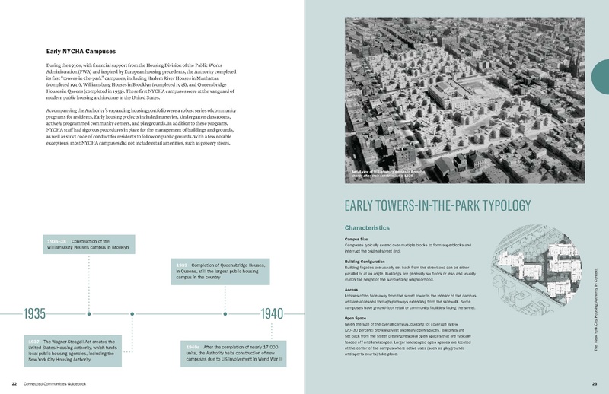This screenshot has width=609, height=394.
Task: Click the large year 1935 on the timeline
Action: pos(36,313)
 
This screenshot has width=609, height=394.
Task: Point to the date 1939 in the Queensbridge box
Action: pos(182,264)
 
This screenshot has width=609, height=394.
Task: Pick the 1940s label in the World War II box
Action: pos(193,348)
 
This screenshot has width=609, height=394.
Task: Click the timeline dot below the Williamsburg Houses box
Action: pos(90,313)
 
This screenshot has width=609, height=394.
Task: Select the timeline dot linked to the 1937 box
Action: pos(132,313)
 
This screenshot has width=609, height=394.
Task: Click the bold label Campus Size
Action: pos(359,240)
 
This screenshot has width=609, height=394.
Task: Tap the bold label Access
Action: pos(352,289)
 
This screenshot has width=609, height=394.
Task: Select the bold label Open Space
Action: pos(358,317)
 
